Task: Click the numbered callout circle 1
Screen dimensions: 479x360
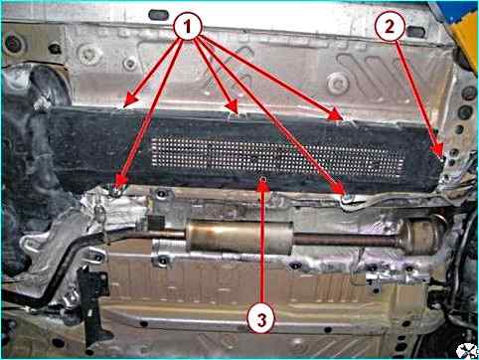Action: (188, 26)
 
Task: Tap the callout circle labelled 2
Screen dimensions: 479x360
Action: (390, 26)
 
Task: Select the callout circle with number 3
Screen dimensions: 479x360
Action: (261, 320)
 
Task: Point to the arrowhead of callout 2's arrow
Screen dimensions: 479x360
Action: (439, 151)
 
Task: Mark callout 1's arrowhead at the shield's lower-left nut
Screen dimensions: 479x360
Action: (121, 182)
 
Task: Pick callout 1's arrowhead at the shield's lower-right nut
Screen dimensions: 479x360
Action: (340, 188)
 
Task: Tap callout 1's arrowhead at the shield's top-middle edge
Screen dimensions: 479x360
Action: (233, 106)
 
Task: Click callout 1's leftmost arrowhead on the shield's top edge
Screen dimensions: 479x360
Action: (130, 100)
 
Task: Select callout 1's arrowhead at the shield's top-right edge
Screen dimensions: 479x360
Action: (336, 114)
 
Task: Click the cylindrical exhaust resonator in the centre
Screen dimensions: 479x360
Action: (239, 238)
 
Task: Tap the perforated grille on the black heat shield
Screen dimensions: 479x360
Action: (277, 157)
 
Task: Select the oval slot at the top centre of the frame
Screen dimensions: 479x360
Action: (159, 15)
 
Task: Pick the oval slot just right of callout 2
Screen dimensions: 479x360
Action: (416, 32)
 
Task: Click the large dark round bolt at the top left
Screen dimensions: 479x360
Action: (14, 44)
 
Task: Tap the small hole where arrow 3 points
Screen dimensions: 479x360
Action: (263, 179)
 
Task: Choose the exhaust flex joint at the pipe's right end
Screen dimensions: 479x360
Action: (421, 236)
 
